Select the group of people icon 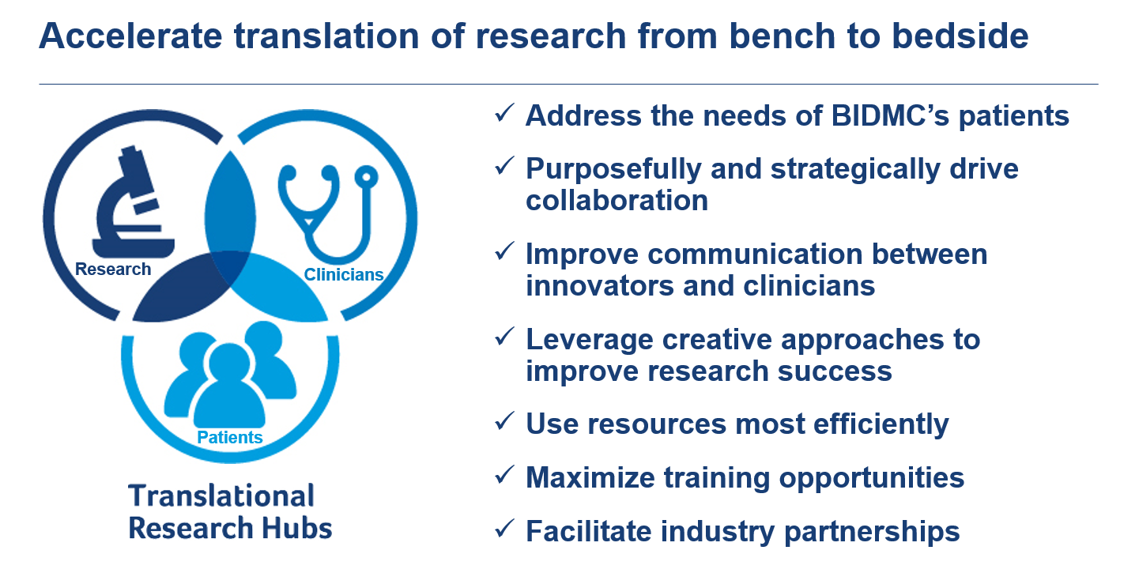click(x=230, y=374)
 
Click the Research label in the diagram click(x=113, y=269)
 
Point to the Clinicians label click(x=344, y=274)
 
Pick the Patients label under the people click(x=230, y=437)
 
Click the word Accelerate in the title click(x=130, y=36)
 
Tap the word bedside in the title click(x=960, y=36)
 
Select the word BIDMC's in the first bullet click(x=890, y=115)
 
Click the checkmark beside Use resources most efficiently click(x=504, y=421)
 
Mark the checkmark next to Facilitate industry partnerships click(x=504, y=529)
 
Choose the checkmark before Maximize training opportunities click(x=504, y=475)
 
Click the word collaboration click(x=617, y=200)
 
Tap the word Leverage click(x=590, y=340)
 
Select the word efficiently click(x=881, y=424)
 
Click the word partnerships click(x=872, y=532)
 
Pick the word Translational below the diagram click(x=221, y=496)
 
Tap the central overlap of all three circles click(x=230, y=266)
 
